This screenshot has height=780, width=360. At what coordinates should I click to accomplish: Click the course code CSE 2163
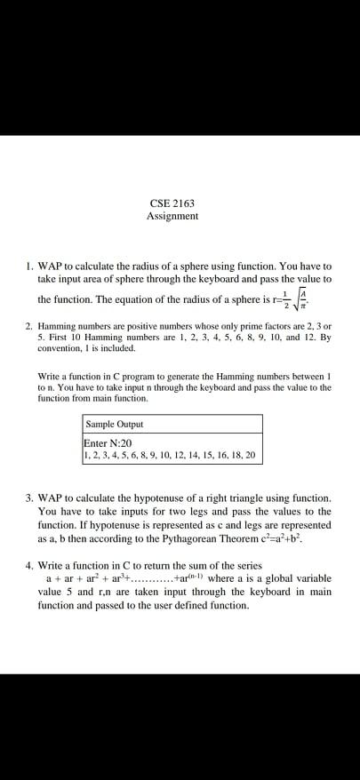[173, 203]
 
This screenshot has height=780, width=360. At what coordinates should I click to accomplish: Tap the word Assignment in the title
[172, 216]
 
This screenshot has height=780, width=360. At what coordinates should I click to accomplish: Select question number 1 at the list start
[30, 266]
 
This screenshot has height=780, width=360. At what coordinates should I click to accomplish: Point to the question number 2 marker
[30, 326]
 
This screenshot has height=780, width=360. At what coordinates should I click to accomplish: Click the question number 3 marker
[30, 498]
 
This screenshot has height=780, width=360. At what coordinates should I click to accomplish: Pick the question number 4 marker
[30, 564]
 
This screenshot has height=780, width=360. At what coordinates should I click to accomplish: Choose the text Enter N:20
[108, 442]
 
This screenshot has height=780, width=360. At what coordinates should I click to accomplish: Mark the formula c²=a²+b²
[280, 538]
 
